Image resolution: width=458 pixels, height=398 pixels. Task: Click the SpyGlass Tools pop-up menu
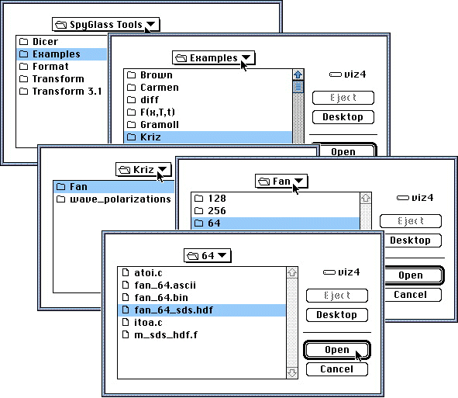(x=105, y=24)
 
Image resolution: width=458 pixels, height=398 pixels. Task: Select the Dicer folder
(x=39, y=42)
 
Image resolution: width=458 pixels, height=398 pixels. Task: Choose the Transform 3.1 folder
(x=60, y=92)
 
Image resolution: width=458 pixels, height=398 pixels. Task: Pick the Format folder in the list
(x=44, y=67)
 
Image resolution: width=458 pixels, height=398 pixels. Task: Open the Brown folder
(x=150, y=74)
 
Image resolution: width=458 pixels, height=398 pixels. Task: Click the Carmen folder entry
(x=153, y=87)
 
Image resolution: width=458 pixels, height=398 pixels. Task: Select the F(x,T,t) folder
(x=151, y=112)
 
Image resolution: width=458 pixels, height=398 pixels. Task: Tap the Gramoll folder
(x=153, y=125)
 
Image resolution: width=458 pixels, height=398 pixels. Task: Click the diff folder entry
(x=143, y=100)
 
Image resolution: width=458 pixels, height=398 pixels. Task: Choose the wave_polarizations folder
(x=113, y=199)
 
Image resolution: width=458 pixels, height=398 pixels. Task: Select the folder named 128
(x=210, y=199)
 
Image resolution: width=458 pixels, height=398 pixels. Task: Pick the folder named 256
(x=210, y=210)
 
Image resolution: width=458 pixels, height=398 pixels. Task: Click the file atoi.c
(x=142, y=272)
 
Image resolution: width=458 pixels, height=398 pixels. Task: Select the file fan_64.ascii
(x=159, y=286)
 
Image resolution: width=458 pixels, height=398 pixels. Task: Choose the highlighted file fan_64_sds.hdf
(x=167, y=310)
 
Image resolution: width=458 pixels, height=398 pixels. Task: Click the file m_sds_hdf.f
(x=160, y=334)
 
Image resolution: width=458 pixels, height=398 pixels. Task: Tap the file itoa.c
(x=142, y=322)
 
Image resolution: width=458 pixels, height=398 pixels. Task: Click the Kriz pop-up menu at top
(x=143, y=170)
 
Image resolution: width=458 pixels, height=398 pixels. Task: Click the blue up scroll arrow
(x=298, y=74)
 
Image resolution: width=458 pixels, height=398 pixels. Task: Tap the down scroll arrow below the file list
(x=292, y=372)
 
